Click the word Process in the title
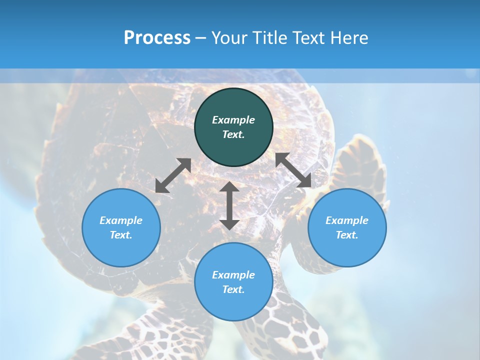pos(157,38)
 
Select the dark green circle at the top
pos(233,100)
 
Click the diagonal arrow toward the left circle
pos(173,175)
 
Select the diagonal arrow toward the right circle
pos(293,170)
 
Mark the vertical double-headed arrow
pos(229,205)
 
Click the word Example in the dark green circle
pos(233,120)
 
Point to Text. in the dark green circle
pos(233,134)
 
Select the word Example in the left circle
pos(121,220)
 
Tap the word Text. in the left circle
pos(121,235)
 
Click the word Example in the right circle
pos(347,220)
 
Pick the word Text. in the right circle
pos(347,235)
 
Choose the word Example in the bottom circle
pos(233,275)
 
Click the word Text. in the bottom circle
pos(233,289)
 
